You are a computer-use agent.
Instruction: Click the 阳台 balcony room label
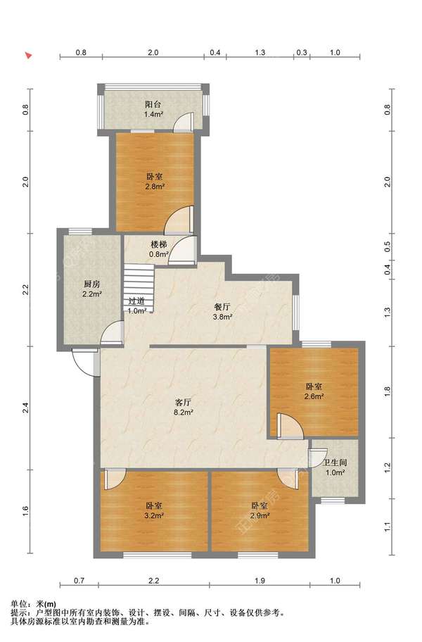click(x=153, y=105)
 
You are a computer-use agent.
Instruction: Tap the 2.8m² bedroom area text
click(x=155, y=187)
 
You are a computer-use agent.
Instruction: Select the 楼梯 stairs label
click(x=159, y=245)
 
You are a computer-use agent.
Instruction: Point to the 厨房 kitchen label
click(x=91, y=284)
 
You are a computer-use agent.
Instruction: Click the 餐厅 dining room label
click(x=222, y=307)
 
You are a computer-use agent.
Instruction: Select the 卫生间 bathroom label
click(x=335, y=462)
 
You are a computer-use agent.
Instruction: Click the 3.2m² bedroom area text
click(x=154, y=515)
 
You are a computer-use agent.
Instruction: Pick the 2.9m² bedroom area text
click(x=260, y=515)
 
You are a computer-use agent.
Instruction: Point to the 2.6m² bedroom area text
click(x=314, y=396)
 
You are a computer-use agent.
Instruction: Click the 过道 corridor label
click(x=136, y=301)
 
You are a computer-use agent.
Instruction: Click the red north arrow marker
click(x=28, y=56)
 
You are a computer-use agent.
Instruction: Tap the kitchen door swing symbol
click(x=112, y=332)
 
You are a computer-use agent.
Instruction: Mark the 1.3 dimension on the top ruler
click(x=260, y=52)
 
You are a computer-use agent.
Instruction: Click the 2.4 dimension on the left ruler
click(x=26, y=408)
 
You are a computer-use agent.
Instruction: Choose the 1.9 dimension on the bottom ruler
click(x=260, y=581)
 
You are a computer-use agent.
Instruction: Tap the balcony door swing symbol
click(x=183, y=122)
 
